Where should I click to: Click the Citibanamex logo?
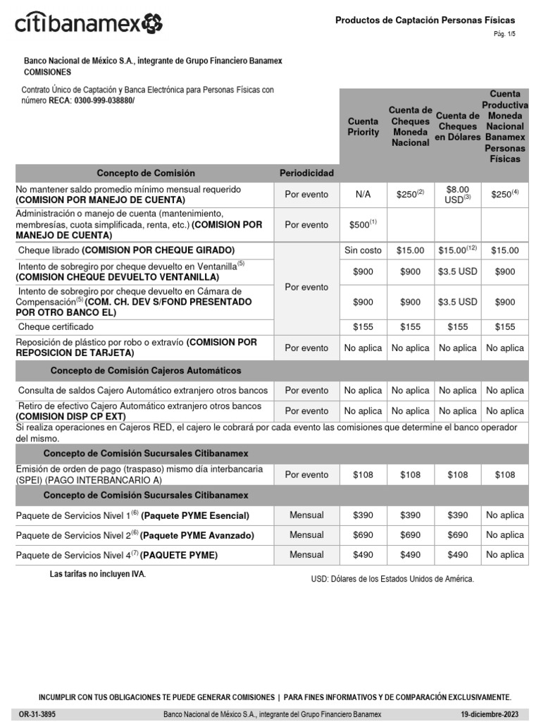[89, 23]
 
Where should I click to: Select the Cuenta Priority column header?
[363, 127]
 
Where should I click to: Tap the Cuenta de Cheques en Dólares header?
[457, 126]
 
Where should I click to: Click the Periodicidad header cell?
[306, 173]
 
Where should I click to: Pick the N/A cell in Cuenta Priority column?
[363, 195]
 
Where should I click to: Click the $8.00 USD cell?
[457, 195]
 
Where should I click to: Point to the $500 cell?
[363, 225]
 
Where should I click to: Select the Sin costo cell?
[363, 250]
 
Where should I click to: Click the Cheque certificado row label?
[56, 327]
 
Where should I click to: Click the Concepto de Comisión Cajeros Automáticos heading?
[146, 370]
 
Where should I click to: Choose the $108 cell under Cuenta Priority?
[363, 475]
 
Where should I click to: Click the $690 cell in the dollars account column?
[457, 535]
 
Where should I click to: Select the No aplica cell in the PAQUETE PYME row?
[505, 555]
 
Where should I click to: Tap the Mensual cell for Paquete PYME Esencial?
[306, 515]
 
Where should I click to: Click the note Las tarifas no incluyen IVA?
[97, 574]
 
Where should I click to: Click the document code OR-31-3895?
[37, 714]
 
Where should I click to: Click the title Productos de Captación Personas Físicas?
[425, 20]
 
